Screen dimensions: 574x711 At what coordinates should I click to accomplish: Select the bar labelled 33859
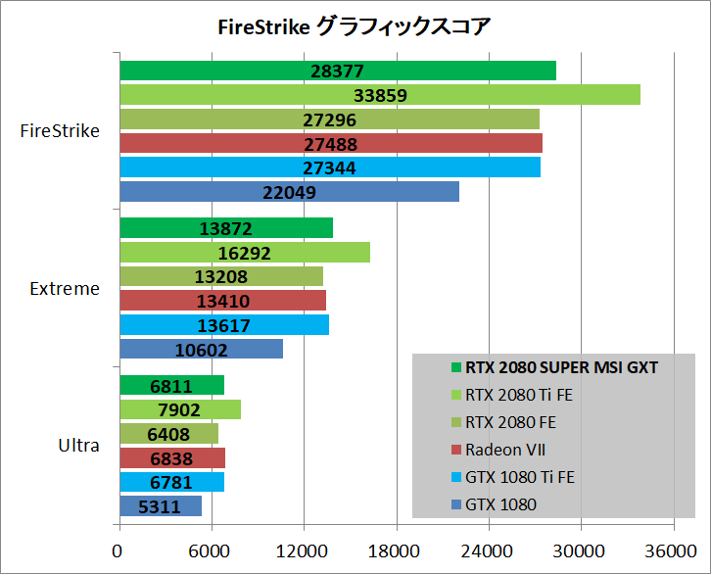coord(379,95)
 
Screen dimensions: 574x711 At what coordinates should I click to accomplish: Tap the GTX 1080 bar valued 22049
coord(289,192)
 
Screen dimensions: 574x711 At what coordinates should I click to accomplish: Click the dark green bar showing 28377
coord(337,71)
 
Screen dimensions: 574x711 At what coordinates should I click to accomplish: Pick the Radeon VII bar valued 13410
coord(222,301)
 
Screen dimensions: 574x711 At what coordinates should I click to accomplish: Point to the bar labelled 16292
coord(244,253)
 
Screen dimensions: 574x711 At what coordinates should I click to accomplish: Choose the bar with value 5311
coord(160,506)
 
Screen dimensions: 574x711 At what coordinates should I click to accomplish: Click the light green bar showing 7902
coord(179,409)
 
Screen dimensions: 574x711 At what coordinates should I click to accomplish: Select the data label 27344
coord(329,168)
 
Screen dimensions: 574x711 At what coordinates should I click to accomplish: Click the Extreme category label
coord(65,289)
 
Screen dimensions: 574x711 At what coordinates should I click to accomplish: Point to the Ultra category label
coord(78,446)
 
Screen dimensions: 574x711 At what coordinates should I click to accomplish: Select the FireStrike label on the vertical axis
coord(60,131)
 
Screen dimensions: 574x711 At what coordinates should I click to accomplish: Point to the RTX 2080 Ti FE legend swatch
coord(456,396)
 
